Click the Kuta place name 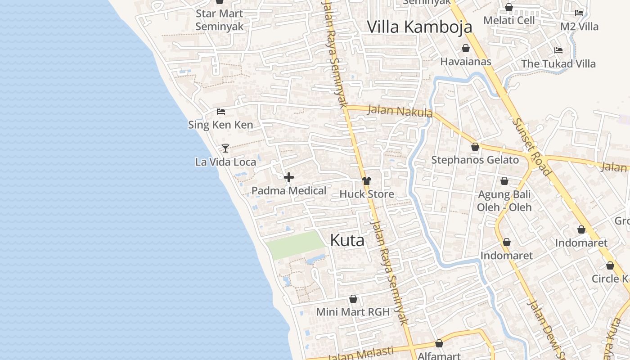[347, 240]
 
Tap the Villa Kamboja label [419, 27]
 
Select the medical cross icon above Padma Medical [289, 177]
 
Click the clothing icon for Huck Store [367, 181]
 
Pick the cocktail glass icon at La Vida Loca [225, 148]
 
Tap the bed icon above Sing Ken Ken [221, 111]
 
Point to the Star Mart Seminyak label [220, 20]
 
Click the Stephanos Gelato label [475, 160]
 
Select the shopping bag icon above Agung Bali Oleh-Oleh [504, 181]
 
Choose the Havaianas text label [466, 62]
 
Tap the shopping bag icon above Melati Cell [509, 7]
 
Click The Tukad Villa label [558, 63]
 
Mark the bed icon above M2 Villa [579, 13]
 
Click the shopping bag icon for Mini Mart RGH [353, 299]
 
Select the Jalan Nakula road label [400, 111]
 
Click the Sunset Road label [531, 147]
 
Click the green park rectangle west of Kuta [295, 244]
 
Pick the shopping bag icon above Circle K [610, 265]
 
